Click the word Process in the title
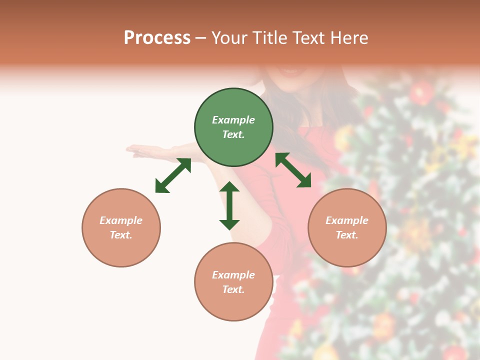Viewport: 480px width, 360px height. [157, 38]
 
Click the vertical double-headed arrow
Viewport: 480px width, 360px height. [229, 205]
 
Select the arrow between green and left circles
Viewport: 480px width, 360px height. [173, 175]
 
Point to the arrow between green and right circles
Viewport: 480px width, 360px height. [293, 170]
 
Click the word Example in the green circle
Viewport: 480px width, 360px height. [233, 120]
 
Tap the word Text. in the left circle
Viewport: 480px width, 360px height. [121, 235]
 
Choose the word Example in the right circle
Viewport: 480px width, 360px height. [347, 220]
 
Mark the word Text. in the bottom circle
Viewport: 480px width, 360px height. [233, 289]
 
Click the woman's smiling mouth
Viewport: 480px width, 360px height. [288, 70]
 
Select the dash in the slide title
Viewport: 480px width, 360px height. [200, 38]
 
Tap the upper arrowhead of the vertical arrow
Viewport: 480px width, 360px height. [229, 187]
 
